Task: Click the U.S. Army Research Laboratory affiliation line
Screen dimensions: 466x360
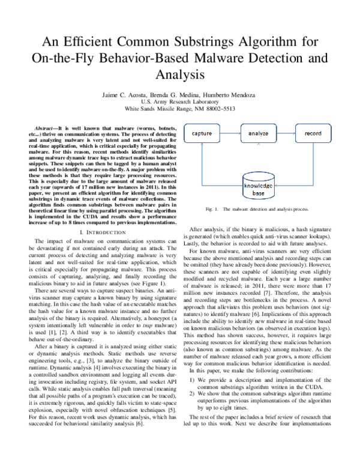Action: coord(179,103)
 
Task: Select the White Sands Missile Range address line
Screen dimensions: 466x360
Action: coord(179,110)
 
